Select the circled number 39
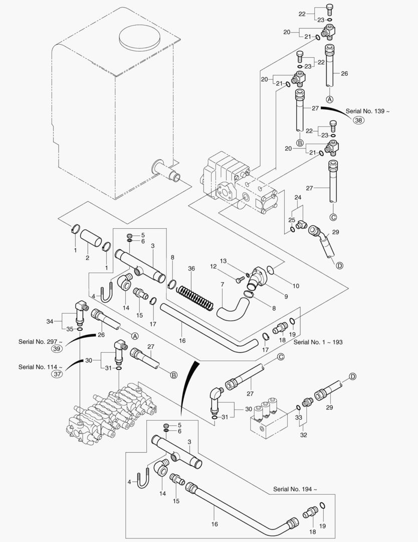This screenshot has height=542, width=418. (57, 349)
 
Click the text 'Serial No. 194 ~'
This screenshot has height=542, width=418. (296, 488)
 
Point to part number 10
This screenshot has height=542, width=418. (296, 286)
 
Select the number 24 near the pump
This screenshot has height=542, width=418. (298, 197)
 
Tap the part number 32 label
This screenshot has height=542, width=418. (303, 436)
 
